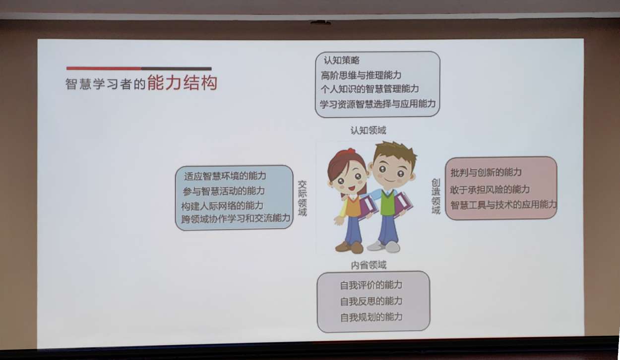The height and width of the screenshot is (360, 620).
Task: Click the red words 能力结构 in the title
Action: click(182, 82)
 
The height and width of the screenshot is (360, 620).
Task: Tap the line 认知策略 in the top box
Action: click(342, 60)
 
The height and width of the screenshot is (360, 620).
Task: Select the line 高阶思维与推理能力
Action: click(361, 75)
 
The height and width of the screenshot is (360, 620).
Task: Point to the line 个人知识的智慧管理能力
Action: click(370, 89)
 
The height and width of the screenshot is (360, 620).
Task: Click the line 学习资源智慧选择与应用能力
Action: click(378, 104)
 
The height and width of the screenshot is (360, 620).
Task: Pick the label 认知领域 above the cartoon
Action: click(368, 130)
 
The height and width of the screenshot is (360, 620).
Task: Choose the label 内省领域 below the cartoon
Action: click(369, 265)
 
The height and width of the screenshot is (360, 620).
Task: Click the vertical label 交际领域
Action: click(302, 198)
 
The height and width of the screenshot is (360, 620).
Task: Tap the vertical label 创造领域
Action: click(436, 196)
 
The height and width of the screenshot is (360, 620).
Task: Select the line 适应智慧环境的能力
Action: click(225, 176)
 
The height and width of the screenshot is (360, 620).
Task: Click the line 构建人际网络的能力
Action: click(222, 206)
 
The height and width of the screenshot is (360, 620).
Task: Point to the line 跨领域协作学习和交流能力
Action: click(236, 218)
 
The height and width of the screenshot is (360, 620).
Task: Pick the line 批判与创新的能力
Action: click(486, 173)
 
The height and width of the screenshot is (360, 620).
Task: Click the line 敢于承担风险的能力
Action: click(490, 189)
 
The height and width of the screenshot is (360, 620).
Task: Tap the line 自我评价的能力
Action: click(371, 285)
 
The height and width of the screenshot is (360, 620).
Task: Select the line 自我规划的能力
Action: click(371, 317)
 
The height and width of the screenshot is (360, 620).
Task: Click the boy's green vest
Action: click(388, 202)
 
